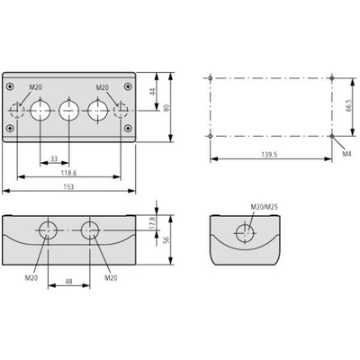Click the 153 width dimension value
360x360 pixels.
pyautogui.click(x=68, y=186)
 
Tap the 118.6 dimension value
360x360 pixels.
pyautogui.click(x=68, y=173)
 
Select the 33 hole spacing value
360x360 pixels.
pyautogui.click(x=54, y=159)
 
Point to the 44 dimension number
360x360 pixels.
pyautogui.click(x=153, y=92)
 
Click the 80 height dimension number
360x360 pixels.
pyautogui.click(x=167, y=107)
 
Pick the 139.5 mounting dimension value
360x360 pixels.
pyautogui.click(x=270, y=155)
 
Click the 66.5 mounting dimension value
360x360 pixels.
pyautogui.click(x=347, y=106)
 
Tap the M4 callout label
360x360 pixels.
pyautogui.click(x=346, y=154)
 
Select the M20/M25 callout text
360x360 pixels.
pyautogui.click(x=265, y=207)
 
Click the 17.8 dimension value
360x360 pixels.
pyautogui.click(x=152, y=223)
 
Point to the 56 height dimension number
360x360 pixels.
pyautogui.click(x=167, y=239)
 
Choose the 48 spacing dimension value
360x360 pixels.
pyautogui.click(x=68, y=282)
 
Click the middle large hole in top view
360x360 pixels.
pyautogui.click(x=69, y=111)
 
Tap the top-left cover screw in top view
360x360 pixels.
pyautogui.click(x=11, y=86)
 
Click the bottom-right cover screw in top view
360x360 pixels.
pyautogui.click(x=129, y=128)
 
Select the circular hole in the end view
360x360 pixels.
pyautogui.click(x=246, y=233)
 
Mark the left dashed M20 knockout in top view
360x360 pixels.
pyautogui.click(x=17, y=111)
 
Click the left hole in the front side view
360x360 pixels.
pyautogui.click(x=48, y=230)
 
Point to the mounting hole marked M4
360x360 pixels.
pyautogui.click(x=331, y=136)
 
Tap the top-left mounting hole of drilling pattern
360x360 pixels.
pyautogui.click(x=210, y=78)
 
